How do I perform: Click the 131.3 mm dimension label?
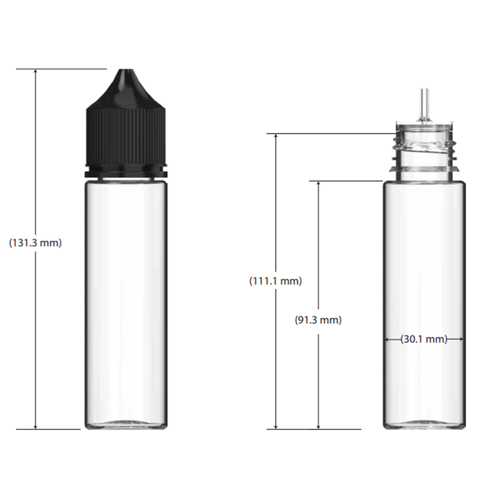click(35, 243)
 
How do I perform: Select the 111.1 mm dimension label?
click(275, 281)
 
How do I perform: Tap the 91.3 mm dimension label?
click(318, 319)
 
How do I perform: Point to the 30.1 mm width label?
click(424, 339)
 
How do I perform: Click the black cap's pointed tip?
click(127, 70)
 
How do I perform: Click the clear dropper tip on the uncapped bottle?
click(424, 105)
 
